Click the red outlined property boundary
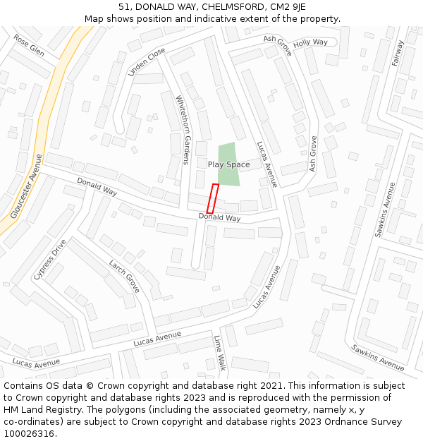[x=212, y=199]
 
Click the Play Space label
[x=228, y=164]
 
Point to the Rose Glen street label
[x=29, y=46]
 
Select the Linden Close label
[x=147, y=61]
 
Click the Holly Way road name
[x=310, y=43]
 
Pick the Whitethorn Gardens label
[x=183, y=130]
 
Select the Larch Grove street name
[x=124, y=277]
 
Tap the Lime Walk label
[x=220, y=353]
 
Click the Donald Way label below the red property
[x=219, y=218]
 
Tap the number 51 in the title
[x=124, y=6]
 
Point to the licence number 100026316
[x=30, y=434]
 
